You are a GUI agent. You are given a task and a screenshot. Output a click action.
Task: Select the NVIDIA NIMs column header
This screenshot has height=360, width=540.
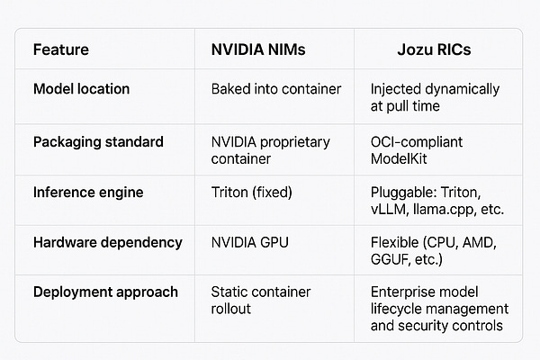[x=258, y=49]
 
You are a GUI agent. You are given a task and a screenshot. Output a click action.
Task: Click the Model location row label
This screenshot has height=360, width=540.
[x=81, y=89]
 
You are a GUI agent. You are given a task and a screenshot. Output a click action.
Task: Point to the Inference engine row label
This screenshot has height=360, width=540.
[x=86, y=193]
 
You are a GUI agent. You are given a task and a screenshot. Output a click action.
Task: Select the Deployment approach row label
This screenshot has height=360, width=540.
[x=105, y=292]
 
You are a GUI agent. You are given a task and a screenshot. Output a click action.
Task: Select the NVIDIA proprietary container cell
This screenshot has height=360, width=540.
[x=270, y=150]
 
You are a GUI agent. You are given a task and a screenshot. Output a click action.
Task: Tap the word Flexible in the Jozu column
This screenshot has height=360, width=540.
[x=395, y=243]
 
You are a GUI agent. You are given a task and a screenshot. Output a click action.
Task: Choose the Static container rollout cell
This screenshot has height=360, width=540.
[x=259, y=301]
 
